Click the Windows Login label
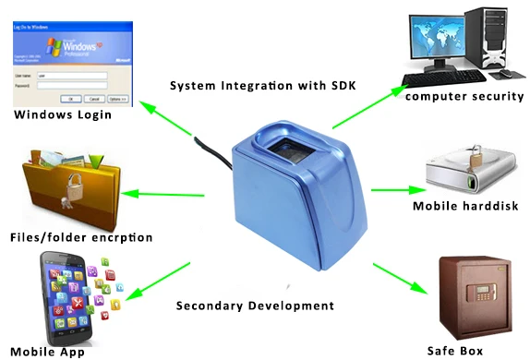click(x=62, y=115)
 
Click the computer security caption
click(x=464, y=96)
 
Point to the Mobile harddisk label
click(x=467, y=207)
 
